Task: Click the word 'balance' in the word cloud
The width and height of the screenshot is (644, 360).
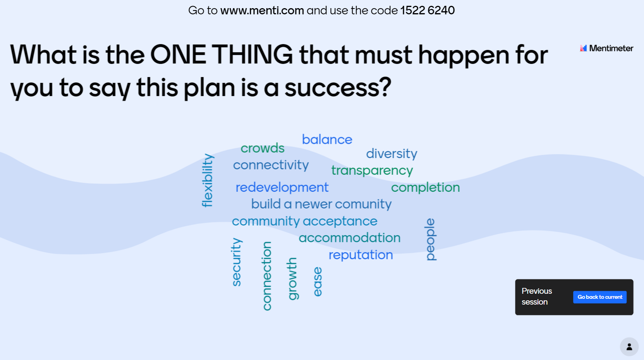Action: (327, 140)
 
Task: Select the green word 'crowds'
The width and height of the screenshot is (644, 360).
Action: (262, 148)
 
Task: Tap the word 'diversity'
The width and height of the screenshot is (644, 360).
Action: (392, 154)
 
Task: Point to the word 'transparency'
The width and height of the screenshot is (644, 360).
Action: (372, 171)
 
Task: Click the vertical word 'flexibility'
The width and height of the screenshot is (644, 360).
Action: (207, 181)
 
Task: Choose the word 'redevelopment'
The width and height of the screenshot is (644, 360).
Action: (282, 187)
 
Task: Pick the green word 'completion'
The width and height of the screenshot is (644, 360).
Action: (425, 188)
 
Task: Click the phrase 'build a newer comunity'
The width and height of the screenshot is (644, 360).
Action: (321, 204)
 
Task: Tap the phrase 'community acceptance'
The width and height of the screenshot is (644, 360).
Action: (304, 222)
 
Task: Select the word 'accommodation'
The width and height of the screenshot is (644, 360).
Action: (349, 238)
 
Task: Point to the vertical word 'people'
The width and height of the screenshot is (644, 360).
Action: (431, 239)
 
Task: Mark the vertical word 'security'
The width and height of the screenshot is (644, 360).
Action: (237, 262)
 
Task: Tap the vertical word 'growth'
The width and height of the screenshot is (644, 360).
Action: (293, 279)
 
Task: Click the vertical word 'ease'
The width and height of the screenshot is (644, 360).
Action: (318, 282)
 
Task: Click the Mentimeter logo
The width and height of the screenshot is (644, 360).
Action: (606, 48)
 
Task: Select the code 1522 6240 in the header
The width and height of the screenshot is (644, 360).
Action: (428, 10)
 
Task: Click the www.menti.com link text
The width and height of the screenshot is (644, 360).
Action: (262, 10)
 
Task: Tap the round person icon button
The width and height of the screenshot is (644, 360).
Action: (629, 347)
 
